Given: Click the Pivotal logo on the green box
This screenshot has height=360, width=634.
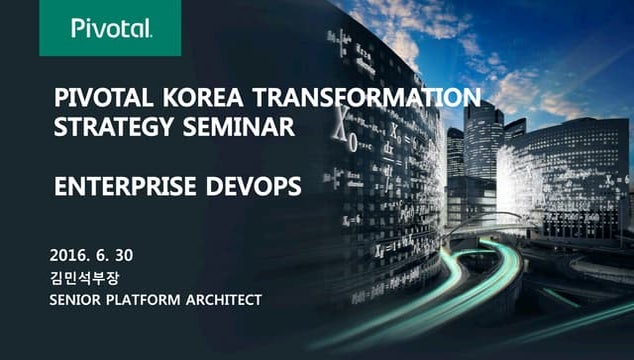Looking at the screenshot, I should tap(111, 28).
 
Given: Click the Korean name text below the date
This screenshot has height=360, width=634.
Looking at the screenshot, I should tap(90, 276).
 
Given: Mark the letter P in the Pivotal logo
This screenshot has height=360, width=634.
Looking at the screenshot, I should tap(77, 28).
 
